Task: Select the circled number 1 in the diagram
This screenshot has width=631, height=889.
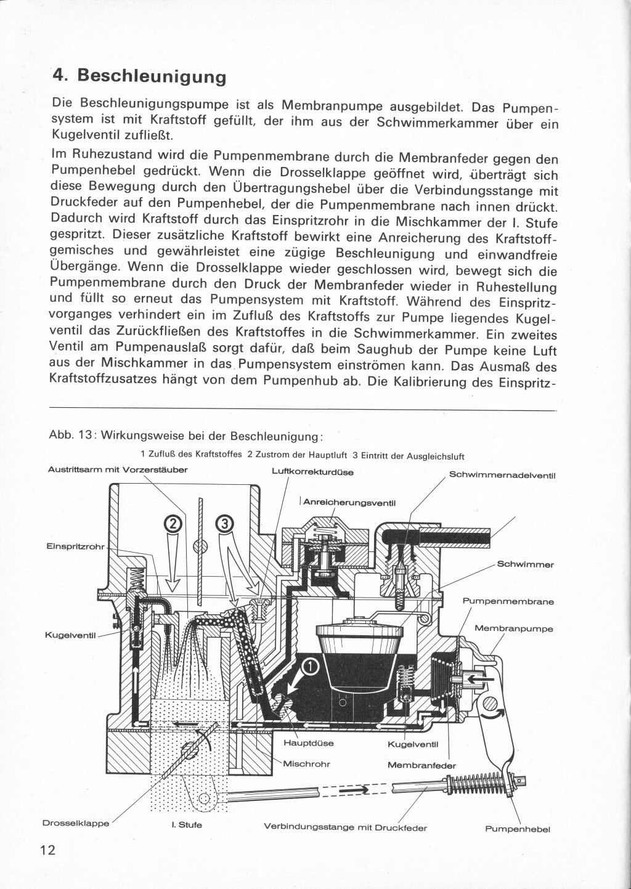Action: pyautogui.click(x=311, y=666)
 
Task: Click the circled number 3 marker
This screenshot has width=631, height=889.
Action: pyautogui.click(x=224, y=524)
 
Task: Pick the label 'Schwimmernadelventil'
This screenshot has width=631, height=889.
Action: pyautogui.click(x=502, y=475)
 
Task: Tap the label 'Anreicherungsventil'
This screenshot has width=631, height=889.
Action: pyautogui.click(x=348, y=502)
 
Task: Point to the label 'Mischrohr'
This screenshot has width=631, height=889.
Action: pyautogui.click(x=306, y=764)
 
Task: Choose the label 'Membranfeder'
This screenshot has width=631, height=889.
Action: pyautogui.click(x=421, y=765)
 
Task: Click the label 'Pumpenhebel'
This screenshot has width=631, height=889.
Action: pyautogui.click(x=517, y=829)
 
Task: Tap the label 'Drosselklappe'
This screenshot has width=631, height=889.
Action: pyautogui.click(x=76, y=823)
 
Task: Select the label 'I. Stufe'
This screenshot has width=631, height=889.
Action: pyautogui.click(x=186, y=825)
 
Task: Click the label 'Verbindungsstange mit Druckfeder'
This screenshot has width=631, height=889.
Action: pyautogui.click(x=345, y=827)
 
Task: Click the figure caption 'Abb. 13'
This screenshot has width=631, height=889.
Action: pyautogui.click(x=71, y=436)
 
